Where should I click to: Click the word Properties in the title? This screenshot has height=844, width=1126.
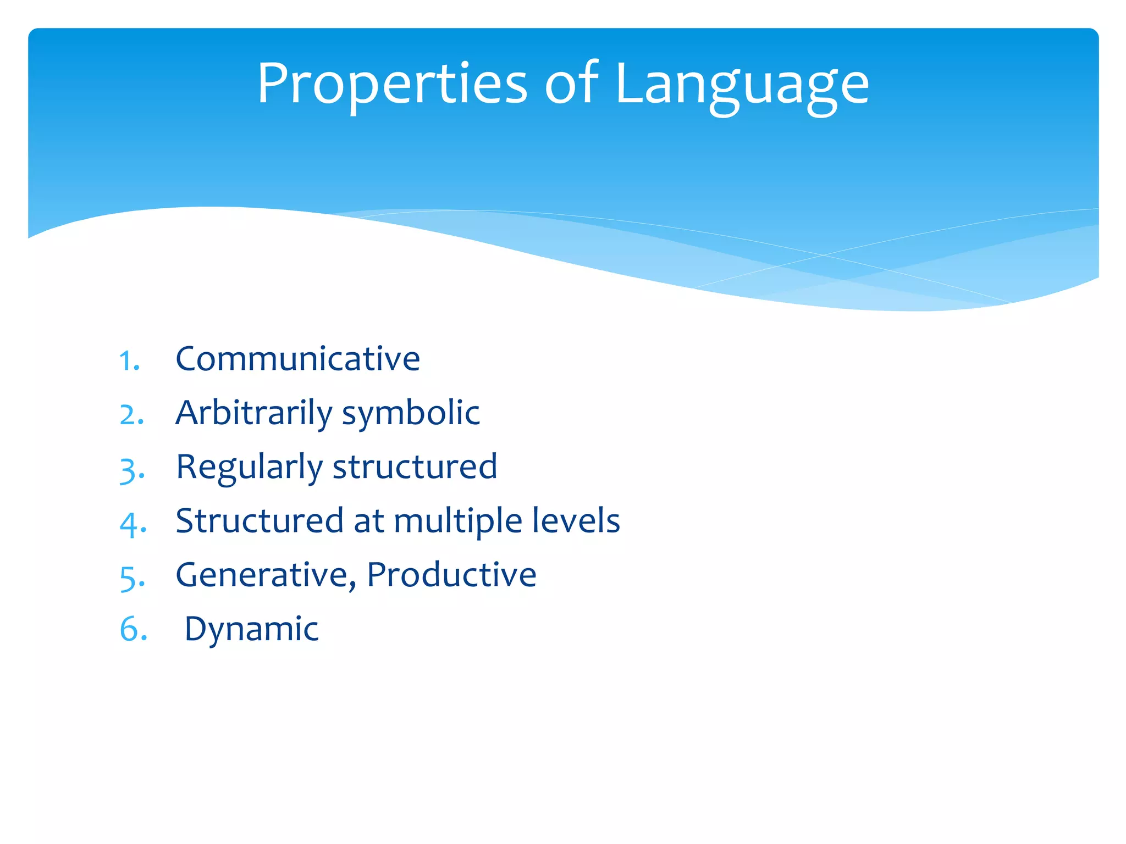pyautogui.click(x=392, y=84)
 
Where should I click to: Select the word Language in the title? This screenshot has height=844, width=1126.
pyautogui.click(x=742, y=85)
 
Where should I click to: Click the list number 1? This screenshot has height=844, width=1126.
pyautogui.click(x=129, y=361)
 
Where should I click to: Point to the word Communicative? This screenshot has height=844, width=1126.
pyautogui.click(x=297, y=359)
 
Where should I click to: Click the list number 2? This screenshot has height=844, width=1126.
pyautogui.click(x=131, y=415)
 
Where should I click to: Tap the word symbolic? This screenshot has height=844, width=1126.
pyautogui.click(x=411, y=413)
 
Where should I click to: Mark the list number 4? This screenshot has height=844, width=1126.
pyautogui.click(x=133, y=524)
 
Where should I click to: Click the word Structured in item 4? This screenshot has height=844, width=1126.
pyautogui.click(x=260, y=520)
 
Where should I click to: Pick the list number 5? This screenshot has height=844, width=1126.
pyautogui.click(x=132, y=578)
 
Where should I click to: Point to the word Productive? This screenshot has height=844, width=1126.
pyautogui.click(x=451, y=575)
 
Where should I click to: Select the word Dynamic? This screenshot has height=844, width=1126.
pyautogui.click(x=251, y=629)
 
